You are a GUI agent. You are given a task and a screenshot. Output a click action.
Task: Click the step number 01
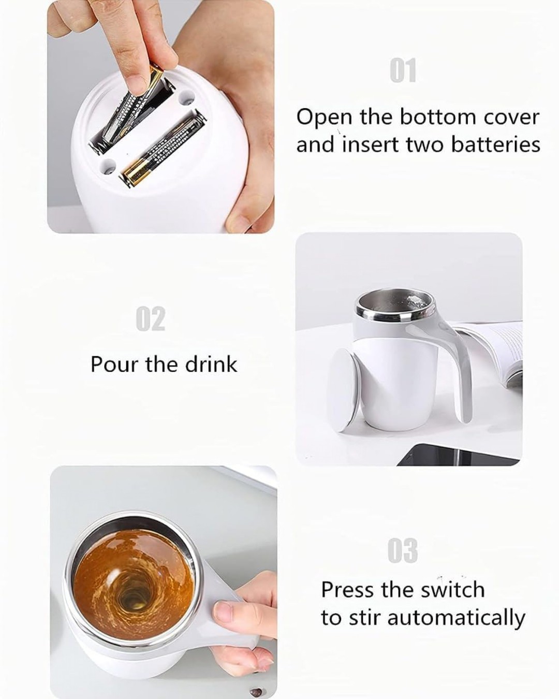(403, 71)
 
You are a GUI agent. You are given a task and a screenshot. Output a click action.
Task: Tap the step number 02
(151, 319)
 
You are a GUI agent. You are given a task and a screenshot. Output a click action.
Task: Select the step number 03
(403, 550)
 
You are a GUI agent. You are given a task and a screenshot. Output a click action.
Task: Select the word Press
(348, 590)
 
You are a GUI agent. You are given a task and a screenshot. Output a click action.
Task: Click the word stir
(357, 618)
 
